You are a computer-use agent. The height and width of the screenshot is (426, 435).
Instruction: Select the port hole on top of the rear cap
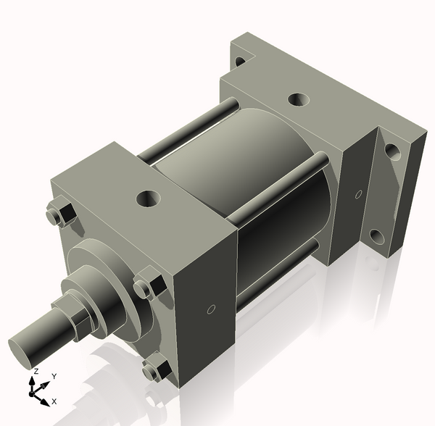[x=297, y=100]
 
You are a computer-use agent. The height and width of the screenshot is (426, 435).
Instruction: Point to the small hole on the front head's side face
[x=210, y=309]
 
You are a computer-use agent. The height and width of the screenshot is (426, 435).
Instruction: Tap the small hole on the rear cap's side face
[x=358, y=193]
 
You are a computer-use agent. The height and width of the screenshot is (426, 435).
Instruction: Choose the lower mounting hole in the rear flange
[x=377, y=237]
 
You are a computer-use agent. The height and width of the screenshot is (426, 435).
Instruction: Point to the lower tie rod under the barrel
[x=279, y=272]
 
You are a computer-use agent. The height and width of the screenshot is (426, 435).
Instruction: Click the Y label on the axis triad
[x=54, y=377]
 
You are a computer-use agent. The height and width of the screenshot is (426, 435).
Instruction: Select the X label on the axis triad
[x=54, y=401]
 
